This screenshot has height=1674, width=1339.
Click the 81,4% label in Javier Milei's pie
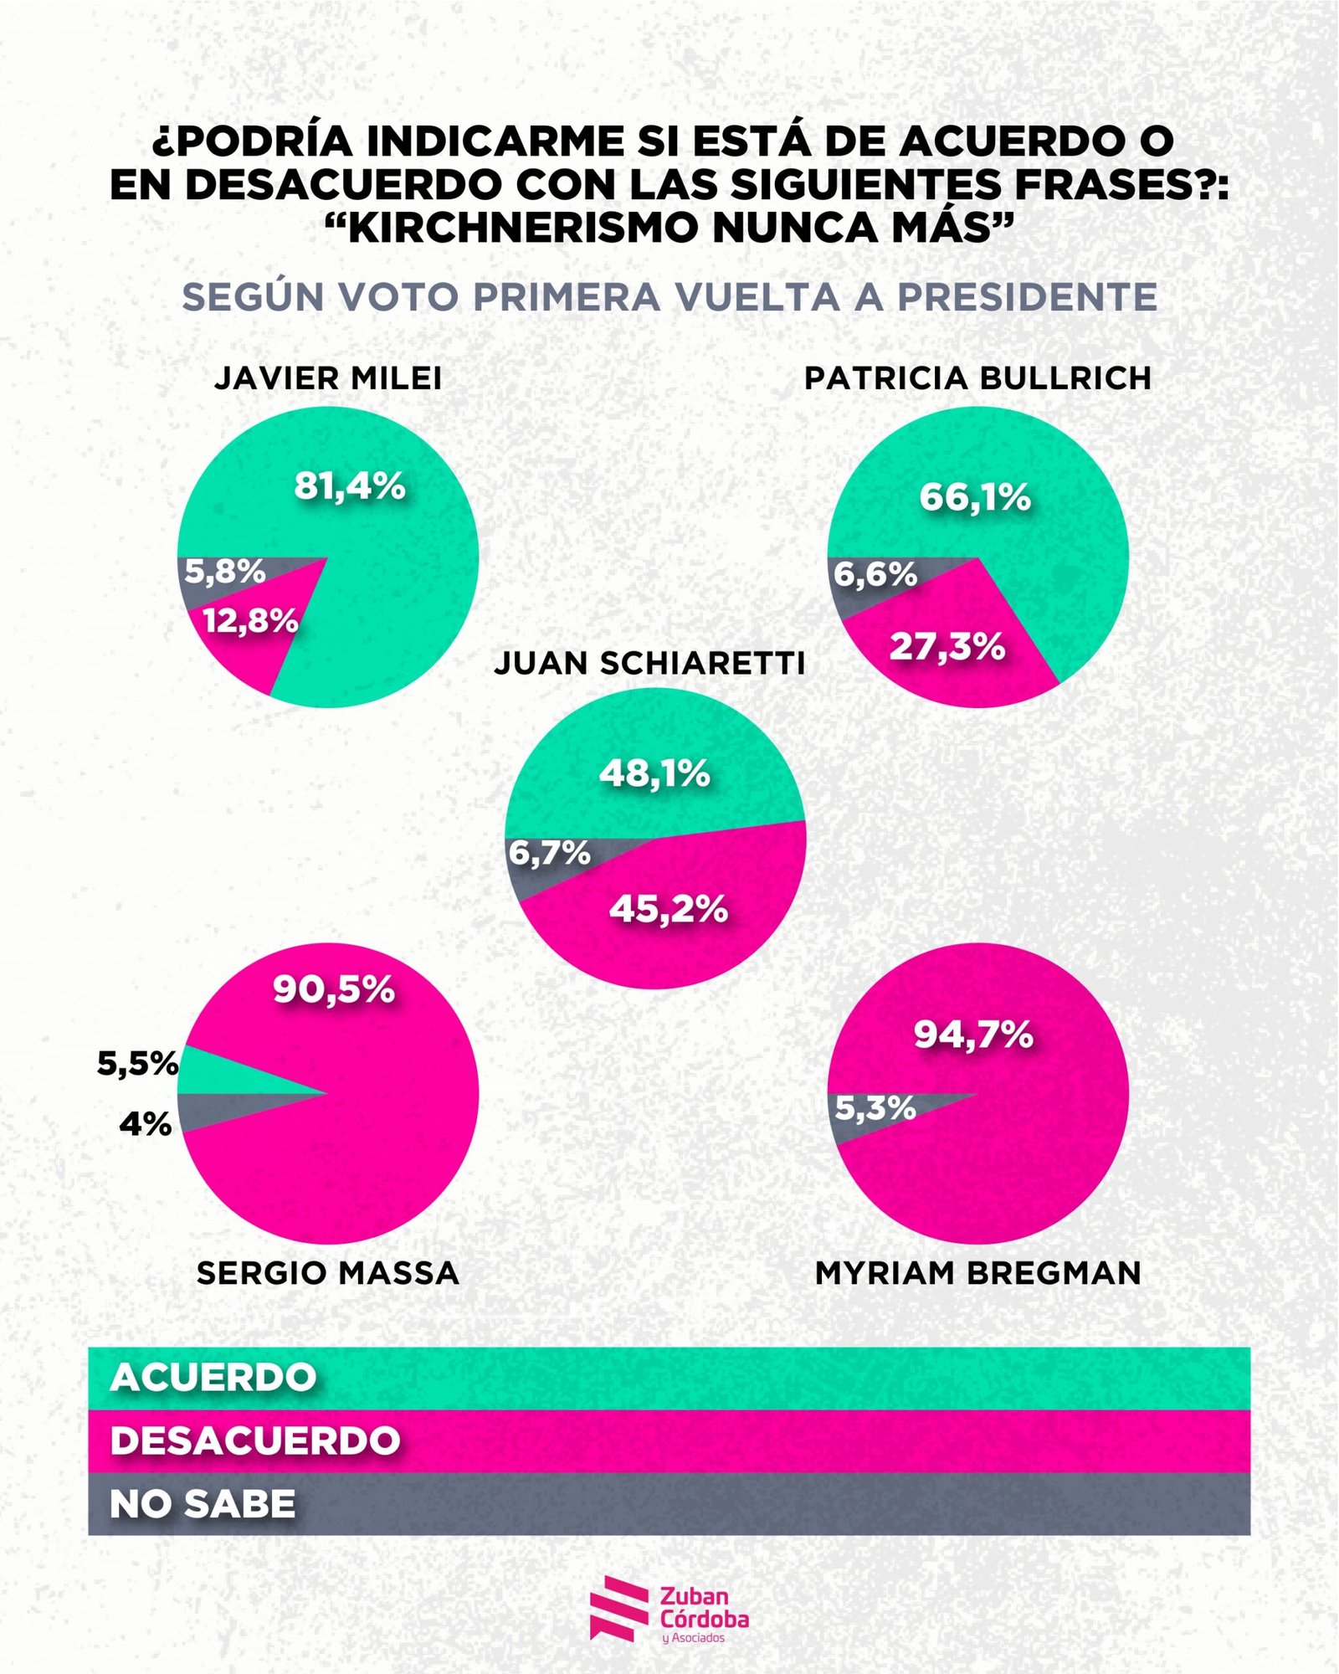(x=350, y=486)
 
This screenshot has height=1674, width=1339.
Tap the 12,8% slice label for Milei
(x=250, y=621)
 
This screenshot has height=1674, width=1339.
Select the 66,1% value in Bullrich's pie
(x=975, y=497)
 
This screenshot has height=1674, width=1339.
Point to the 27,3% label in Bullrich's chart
(x=947, y=646)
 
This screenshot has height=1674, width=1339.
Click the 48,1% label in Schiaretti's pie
(x=654, y=774)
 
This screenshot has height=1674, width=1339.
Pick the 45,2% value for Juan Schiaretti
(x=669, y=909)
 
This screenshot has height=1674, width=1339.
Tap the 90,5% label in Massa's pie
(x=334, y=989)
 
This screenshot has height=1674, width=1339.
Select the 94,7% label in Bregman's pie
(x=973, y=1035)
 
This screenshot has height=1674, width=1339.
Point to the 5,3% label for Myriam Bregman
(x=875, y=1108)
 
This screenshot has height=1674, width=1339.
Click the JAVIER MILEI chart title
(x=328, y=378)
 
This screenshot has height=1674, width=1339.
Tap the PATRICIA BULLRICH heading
(x=977, y=378)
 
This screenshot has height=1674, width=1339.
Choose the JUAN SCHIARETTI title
(x=649, y=663)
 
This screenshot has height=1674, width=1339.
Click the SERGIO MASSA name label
(x=328, y=1273)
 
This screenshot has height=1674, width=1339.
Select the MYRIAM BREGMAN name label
(x=978, y=1273)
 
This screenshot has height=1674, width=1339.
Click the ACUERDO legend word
(x=213, y=1377)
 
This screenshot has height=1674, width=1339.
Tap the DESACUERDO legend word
(x=255, y=1440)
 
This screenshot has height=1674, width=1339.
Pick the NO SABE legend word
(x=203, y=1504)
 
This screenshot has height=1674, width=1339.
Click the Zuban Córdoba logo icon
(x=618, y=1608)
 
